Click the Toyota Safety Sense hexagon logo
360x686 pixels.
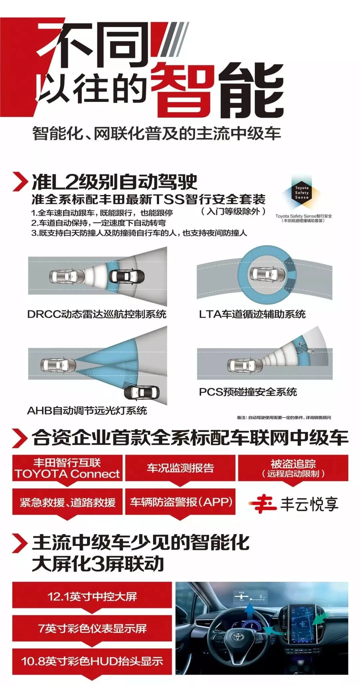coord(302,192)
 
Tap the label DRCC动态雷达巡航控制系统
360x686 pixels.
coord(97,314)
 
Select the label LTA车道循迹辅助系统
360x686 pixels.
coord(252,314)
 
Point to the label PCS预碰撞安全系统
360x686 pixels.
coord(248,392)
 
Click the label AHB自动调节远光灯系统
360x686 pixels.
coord(87,410)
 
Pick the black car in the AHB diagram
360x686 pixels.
coord(142,393)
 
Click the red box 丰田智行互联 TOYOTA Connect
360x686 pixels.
coord(67,468)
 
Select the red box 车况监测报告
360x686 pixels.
coord(180,468)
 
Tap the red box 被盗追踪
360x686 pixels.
coord(293,468)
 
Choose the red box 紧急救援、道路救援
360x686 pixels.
coord(67,502)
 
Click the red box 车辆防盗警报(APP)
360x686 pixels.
coord(180,502)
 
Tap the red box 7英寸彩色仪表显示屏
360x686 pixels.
coord(92,629)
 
